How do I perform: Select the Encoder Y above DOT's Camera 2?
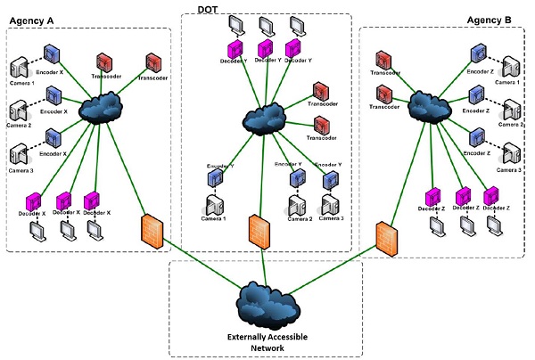(296, 177)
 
